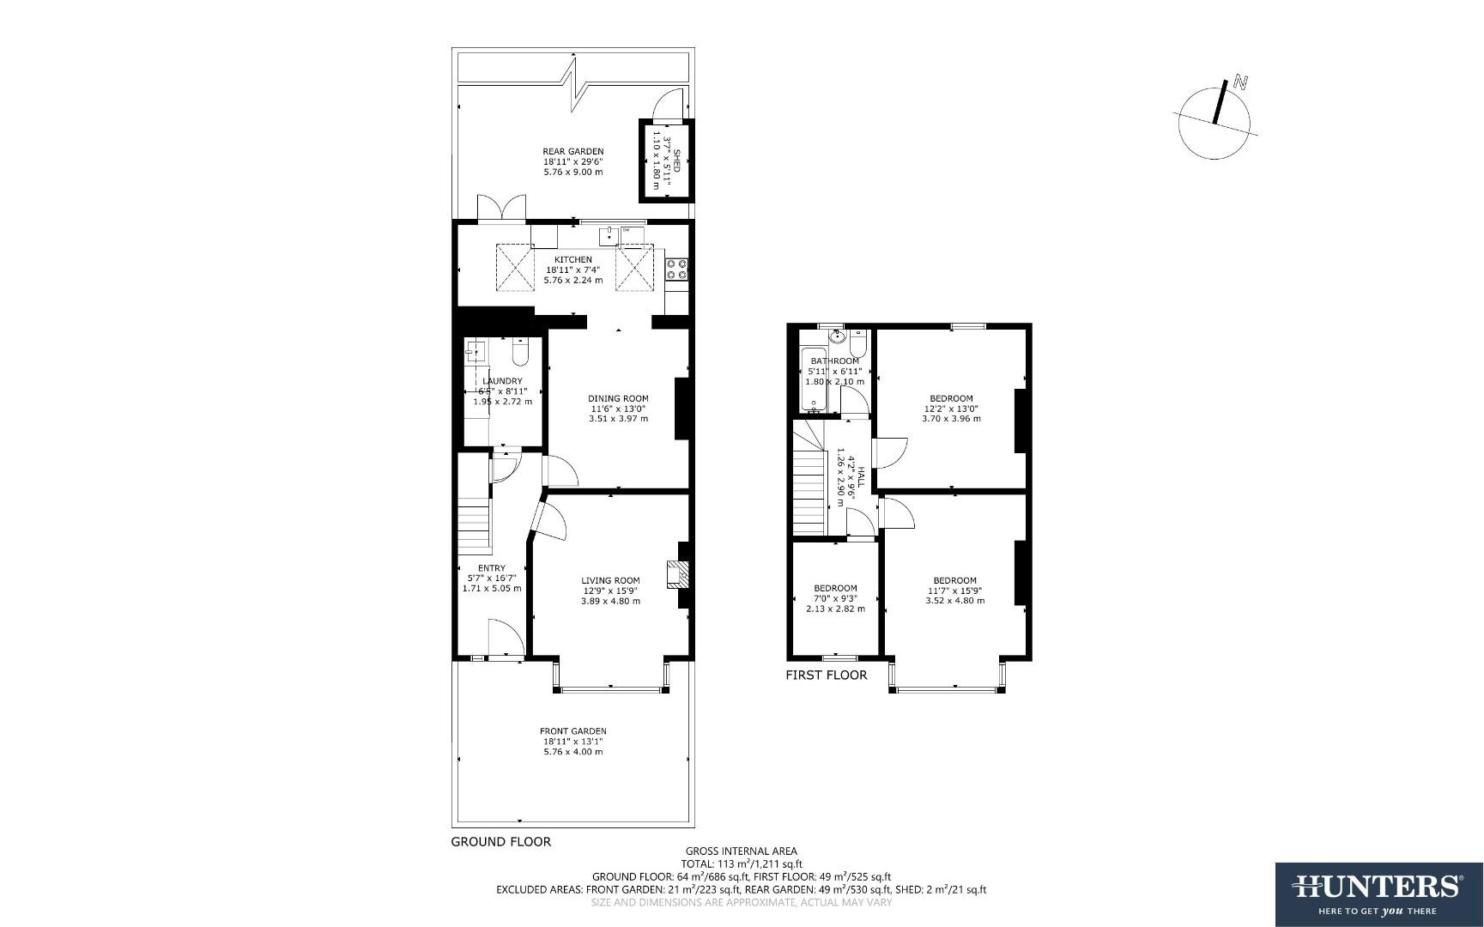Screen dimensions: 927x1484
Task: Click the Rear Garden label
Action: (x=572, y=152)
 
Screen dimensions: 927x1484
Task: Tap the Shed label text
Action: (x=675, y=161)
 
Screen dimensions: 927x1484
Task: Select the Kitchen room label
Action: (x=572, y=259)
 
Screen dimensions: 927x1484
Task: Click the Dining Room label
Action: (x=618, y=398)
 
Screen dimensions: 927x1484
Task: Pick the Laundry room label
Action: (x=502, y=381)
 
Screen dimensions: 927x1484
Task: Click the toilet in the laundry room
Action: (x=519, y=352)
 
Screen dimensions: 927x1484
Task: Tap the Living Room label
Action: (x=610, y=580)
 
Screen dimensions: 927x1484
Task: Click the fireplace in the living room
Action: (x=678, y=573)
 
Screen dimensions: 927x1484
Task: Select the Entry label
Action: (x=492, y=568)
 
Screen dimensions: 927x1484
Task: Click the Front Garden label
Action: (x=572, y=731)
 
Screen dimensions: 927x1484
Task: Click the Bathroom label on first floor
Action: (x=834, y=361)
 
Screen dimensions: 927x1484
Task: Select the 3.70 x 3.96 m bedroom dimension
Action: (x=951, y=419)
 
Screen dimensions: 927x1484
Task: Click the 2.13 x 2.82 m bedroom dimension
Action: (x=835, y=609)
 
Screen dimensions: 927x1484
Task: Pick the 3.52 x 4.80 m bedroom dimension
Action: (x=954, y=601)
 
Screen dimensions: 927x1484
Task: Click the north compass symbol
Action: (x=1214, y=120)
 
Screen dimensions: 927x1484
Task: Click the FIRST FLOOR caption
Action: (x=826, y=676)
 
